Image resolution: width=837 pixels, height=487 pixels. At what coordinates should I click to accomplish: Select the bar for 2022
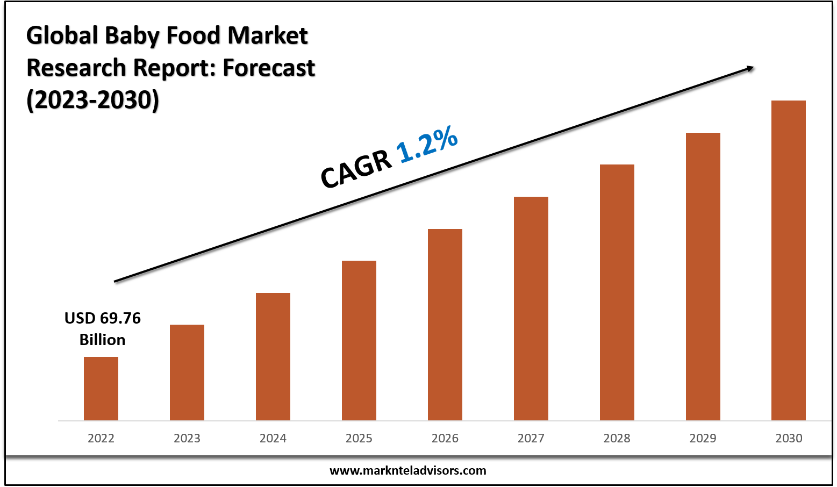[x=101, y=389]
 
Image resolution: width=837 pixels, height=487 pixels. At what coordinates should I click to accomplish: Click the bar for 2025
[x=359, y=340]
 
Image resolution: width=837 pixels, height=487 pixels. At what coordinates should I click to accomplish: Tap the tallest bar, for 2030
[x=789, y=260]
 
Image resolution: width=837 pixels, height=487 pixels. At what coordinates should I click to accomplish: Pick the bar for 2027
[x=531, y=309]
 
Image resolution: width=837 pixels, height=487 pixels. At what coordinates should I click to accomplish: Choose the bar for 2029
[x=703, y=276]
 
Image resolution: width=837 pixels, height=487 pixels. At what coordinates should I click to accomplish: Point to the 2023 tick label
[x=187, y=439]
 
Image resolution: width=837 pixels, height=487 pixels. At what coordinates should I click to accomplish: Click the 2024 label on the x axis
[x=273, y=439]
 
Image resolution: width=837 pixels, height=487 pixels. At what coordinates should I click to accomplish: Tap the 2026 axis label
[x=445, y=439]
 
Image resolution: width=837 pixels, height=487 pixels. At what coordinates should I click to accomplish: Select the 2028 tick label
[x=617, y=439]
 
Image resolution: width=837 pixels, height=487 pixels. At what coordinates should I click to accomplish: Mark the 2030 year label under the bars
[x=789, y=439]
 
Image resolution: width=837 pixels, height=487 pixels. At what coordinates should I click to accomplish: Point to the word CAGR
[x=356, y=169]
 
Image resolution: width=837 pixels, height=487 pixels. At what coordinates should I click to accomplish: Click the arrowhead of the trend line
[x=750, y=68]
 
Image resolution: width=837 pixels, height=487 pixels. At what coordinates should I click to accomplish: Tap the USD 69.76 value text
[x=103, y=318]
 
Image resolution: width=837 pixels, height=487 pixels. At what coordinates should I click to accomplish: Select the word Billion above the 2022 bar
[x=103, y=340]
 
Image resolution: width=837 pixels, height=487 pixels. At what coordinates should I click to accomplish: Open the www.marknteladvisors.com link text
[x=407, y=471]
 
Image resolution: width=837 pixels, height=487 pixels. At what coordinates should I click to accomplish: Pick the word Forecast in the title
[x=269, y=68]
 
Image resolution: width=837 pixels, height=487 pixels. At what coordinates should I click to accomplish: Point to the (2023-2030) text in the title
[x=92, y=101]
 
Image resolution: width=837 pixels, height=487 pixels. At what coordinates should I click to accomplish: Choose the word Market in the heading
[x=267, y=36]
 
